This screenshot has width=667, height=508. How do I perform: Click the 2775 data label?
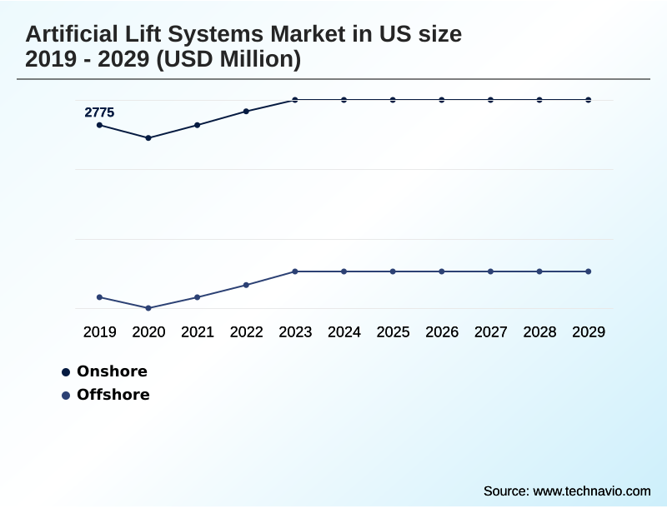pos(99,112)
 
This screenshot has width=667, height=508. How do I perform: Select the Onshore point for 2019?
pos(100,125)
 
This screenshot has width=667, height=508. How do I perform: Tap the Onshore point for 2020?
pos(148,137)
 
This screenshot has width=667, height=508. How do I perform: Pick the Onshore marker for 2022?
pos(246,111)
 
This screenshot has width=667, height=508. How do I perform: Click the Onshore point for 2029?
pos(589,100)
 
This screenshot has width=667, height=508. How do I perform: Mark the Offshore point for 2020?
pos(148,308)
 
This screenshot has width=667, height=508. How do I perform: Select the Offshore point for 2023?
pos(295,271)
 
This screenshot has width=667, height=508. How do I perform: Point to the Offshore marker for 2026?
pos(442,271)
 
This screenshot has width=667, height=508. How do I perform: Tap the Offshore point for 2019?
pos(100,297)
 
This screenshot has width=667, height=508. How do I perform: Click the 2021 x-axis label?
pos(198,332)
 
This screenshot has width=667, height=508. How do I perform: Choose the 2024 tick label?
pos(344,332)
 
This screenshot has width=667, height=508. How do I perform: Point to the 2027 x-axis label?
pos(491,332)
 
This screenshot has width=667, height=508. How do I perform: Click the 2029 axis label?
pos(589,332)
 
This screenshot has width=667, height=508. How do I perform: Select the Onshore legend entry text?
pos(112,371)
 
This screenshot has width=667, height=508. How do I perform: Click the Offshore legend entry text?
pos(113,395)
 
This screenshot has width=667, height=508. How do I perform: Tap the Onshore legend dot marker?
pos(66,372)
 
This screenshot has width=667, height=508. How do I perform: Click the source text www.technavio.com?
pos(591,491)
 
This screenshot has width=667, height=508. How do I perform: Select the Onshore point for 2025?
pos(393,100)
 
